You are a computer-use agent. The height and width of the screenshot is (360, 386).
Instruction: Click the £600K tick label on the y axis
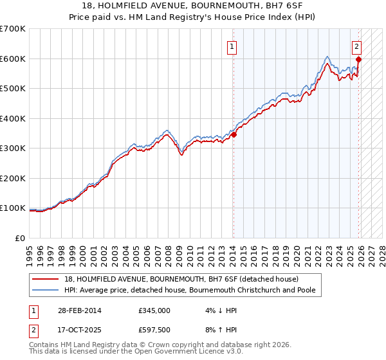click(x=13, y=59)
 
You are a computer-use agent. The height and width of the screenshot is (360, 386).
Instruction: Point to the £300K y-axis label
click(x=13, y=148)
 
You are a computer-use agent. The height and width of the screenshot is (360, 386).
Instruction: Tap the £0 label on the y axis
click(x=19, y=238)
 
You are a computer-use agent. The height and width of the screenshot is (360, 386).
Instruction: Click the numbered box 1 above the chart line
click(x=231, y=46)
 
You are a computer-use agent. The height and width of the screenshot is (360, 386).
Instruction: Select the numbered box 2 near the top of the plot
click(x=356, y=46)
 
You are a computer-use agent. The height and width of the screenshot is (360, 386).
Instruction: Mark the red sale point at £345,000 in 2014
click(x=234, y=134)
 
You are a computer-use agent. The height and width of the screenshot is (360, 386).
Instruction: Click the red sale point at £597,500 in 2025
click(x=359, y=59)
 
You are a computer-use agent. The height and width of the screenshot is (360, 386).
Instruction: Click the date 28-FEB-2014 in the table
click(x=78, y=310)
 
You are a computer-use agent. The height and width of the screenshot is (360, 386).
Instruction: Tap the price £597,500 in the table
click(x=154, y=331)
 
